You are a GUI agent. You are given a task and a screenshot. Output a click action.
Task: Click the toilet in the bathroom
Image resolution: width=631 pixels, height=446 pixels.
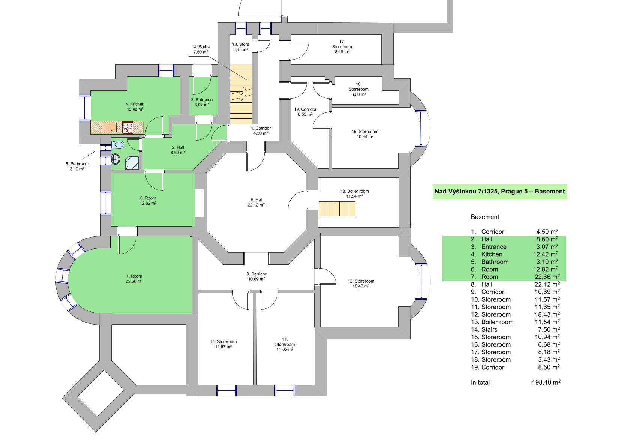(118, 145)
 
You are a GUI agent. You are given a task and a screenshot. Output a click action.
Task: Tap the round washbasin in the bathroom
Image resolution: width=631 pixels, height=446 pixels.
(115, 159)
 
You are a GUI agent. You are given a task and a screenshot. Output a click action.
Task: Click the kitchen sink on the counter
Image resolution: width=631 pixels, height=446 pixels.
(109, 127)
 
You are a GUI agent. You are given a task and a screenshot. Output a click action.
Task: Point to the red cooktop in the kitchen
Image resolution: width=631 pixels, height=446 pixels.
(128, 127)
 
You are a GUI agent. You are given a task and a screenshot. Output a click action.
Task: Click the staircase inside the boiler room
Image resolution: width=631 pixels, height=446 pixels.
(337, 209)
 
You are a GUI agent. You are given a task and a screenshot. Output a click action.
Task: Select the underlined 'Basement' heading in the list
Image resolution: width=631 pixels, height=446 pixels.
(485, 217)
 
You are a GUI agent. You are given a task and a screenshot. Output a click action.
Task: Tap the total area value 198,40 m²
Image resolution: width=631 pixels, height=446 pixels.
(546, 382)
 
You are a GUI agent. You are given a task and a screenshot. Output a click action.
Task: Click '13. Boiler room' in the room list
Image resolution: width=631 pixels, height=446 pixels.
(492, 322)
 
